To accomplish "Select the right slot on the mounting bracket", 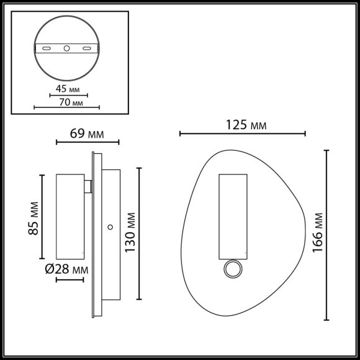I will tap(88, 48).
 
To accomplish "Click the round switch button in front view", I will tap(233, 269).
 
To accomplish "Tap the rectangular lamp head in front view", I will tap(233, 216).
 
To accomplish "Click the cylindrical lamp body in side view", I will tap(70, 216).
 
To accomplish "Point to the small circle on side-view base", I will tap(110, 227).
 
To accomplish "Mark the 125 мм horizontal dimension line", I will tap(242, 133).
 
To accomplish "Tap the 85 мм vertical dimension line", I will tap(42, 217).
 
